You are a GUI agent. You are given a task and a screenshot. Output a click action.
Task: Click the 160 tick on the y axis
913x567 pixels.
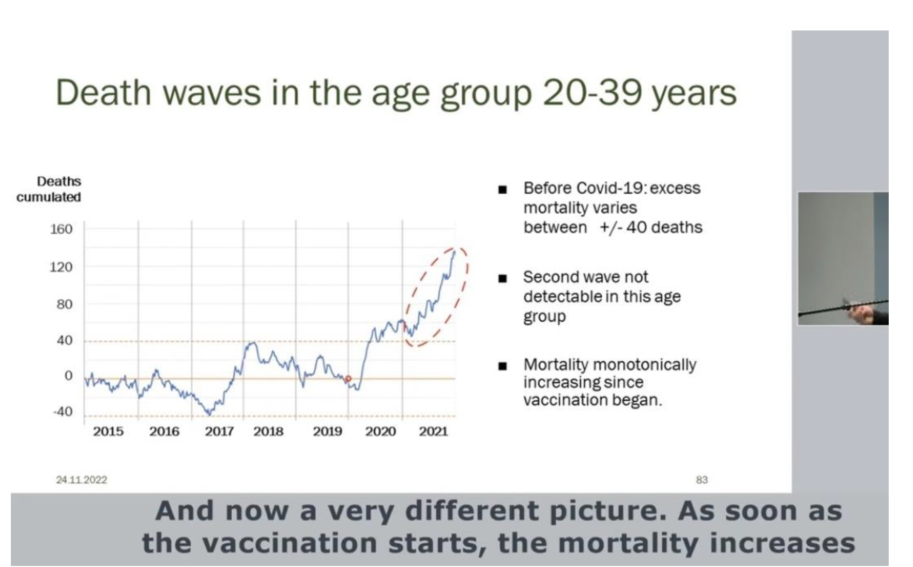[x=61, y=229]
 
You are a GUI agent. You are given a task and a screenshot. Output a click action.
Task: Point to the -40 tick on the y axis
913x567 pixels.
[x=63, y=412]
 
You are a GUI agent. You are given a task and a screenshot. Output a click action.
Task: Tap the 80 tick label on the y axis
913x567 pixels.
[x=64, y=304]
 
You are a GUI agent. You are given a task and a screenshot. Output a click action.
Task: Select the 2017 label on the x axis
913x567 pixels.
[x=219, y=431]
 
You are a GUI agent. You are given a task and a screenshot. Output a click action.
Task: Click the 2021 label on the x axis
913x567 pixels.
[x=433, y=431]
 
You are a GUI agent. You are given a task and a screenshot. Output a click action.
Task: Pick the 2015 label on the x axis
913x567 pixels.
[x=108, y=431]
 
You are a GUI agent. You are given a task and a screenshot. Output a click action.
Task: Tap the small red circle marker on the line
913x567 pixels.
[x=348, y=379]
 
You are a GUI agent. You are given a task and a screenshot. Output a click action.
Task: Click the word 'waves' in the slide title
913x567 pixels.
[x=212, y=93]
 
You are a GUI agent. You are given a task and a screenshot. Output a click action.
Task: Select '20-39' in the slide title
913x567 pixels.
[x=592, y=93]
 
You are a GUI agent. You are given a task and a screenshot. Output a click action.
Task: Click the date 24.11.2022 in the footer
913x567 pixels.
[x=81, y=480]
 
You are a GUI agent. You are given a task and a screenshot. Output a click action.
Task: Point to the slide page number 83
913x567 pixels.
[x=702, y=480]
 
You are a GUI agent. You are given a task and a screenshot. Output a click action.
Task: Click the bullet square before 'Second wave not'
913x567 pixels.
[x=502, y=278]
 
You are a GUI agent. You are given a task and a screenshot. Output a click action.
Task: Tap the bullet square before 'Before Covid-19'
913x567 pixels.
[x=502, y=190]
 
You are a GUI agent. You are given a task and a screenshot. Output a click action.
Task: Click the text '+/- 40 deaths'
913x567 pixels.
[x=651, y=227]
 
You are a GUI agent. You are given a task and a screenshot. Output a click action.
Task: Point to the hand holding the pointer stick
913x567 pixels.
[x=861, y=312]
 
